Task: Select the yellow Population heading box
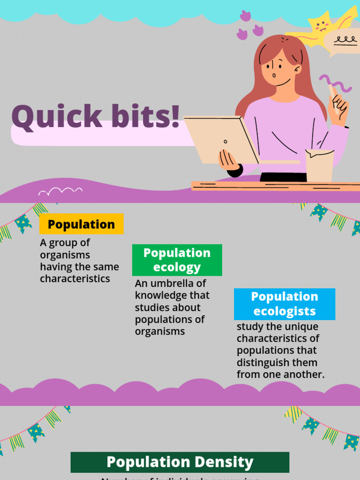click(x=81, y=224)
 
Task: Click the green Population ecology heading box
click(x=177, y=260)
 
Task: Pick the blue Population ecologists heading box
click(x=285, y=304)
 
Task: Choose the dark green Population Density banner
click(x=180, y=462)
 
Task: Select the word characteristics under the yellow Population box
click(x=75, y=279)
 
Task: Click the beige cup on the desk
click(x=319, y=165)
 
